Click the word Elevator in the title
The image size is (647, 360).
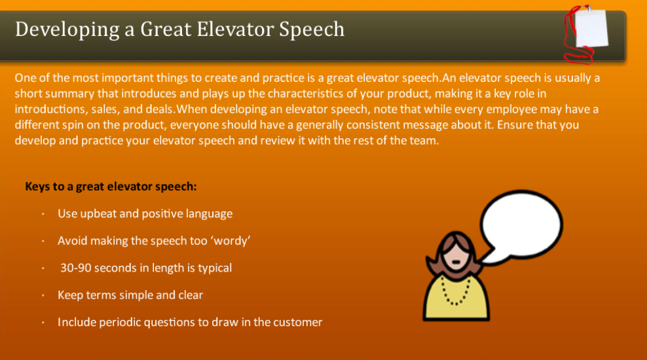click(x=235, y=29)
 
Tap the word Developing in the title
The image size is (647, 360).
click(x=67, y=30)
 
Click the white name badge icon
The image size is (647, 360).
click(x=591, y=28)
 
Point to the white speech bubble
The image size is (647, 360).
click(x=520, y=227)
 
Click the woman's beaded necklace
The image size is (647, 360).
click(x=456, y=291)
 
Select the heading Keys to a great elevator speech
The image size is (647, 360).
click(x=111, y=187)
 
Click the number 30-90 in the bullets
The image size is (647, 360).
click(x=75, y=268)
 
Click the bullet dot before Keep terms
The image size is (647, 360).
click(x=43, y=295)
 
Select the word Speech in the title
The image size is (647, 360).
click(x=312, y=30)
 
